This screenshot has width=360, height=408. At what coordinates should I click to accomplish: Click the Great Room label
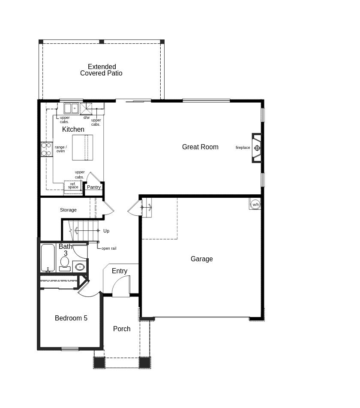200,147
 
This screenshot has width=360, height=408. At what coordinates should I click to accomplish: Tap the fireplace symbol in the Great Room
257,148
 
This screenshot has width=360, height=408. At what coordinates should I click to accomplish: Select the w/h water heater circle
255,205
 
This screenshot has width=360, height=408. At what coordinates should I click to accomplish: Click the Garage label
201,259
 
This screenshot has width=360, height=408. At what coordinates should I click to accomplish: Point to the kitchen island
82,148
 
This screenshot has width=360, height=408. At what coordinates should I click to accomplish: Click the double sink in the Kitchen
71,108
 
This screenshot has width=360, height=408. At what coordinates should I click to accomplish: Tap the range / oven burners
46,149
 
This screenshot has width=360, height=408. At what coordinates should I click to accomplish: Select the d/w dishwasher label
87,118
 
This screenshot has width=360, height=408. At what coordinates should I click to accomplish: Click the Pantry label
94,187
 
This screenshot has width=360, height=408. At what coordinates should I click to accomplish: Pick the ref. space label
73,186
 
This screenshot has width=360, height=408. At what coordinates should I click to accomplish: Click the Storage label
68,210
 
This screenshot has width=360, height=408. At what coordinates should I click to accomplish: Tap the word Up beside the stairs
106,231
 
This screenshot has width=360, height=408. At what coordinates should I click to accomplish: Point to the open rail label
109,248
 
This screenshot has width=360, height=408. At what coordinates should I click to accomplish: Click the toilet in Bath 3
65,263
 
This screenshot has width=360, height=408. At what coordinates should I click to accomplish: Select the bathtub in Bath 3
48,258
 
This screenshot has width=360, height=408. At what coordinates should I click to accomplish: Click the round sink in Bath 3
80,267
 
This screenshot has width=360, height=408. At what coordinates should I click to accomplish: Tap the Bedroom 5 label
71,318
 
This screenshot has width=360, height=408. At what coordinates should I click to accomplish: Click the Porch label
122,329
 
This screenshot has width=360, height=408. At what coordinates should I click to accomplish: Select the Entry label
120,271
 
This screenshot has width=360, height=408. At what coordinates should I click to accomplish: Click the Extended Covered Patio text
102,70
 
